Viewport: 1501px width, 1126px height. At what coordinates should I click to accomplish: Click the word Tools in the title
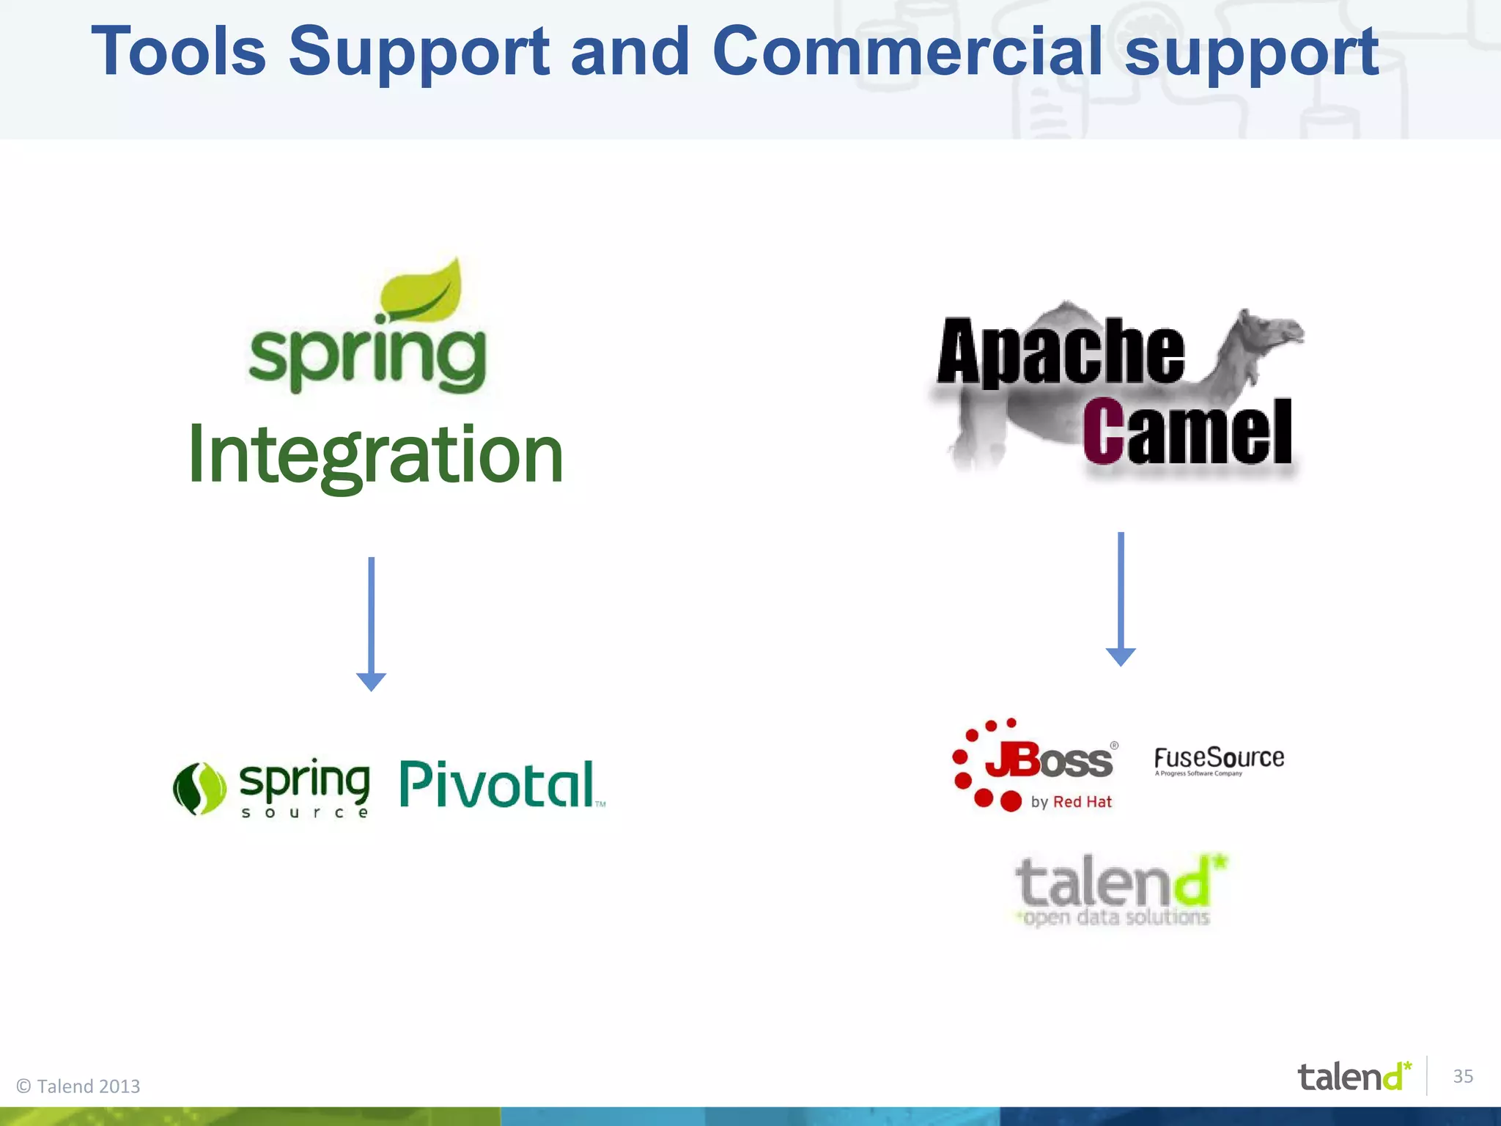(x=178, y=51)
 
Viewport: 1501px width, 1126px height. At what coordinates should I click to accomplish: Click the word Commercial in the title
(x=907, y=51)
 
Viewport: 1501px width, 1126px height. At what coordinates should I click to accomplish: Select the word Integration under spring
(x=375, y=456)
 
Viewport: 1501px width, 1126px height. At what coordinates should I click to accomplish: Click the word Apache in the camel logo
(x=1060, y=353)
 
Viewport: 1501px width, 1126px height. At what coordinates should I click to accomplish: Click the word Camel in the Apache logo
(x=1187, y=433)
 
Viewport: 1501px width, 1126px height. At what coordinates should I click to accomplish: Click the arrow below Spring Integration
(x=372, y=623)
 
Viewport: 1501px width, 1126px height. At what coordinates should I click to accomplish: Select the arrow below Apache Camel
(x=1121, y=598)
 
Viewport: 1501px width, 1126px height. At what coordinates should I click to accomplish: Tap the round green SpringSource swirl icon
(x=199, y=789)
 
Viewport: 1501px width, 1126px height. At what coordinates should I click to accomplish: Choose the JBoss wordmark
(x=1048, y=760)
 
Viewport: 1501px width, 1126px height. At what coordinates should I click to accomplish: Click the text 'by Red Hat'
(x=1071, y=802)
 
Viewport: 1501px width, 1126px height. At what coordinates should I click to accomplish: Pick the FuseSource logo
(x=1219, y=759)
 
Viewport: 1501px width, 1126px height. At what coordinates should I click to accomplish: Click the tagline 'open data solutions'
(x=1115, y=917)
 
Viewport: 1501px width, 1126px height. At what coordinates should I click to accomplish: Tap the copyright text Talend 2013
(x=79, y=1086)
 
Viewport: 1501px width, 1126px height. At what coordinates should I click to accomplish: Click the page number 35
(x=1463, y=1076)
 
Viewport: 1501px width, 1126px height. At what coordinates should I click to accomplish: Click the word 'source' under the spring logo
(x=305, y=813)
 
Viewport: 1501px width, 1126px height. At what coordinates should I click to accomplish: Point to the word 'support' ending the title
(x=1252, y=51)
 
